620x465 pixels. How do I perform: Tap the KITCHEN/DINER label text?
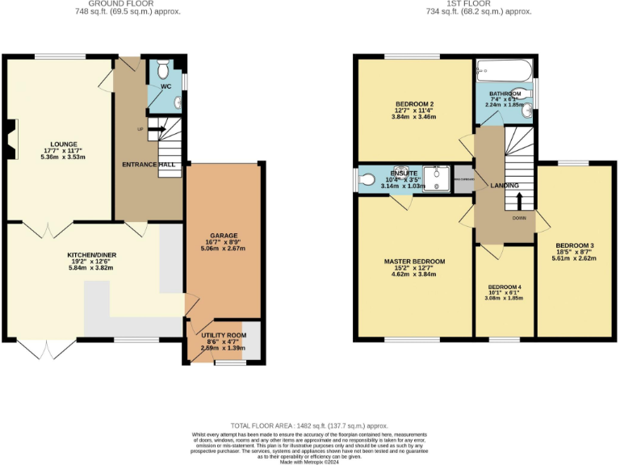pyautogui.click(x=91, y=254)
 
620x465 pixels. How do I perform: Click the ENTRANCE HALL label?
pyautogui.click(x=149, y=164)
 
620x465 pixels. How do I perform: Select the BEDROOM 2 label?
pyautogui.click(x=415, y=104)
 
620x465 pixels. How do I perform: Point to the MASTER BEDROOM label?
pyautogui.click(x=415, y=262)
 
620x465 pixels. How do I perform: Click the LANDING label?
pyautogui.click(x=505, y=186)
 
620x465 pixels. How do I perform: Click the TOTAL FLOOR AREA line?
pyautogui.click(x=309, y=425)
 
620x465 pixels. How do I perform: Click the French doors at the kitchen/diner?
pyautogui.click(x=47, y=349)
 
